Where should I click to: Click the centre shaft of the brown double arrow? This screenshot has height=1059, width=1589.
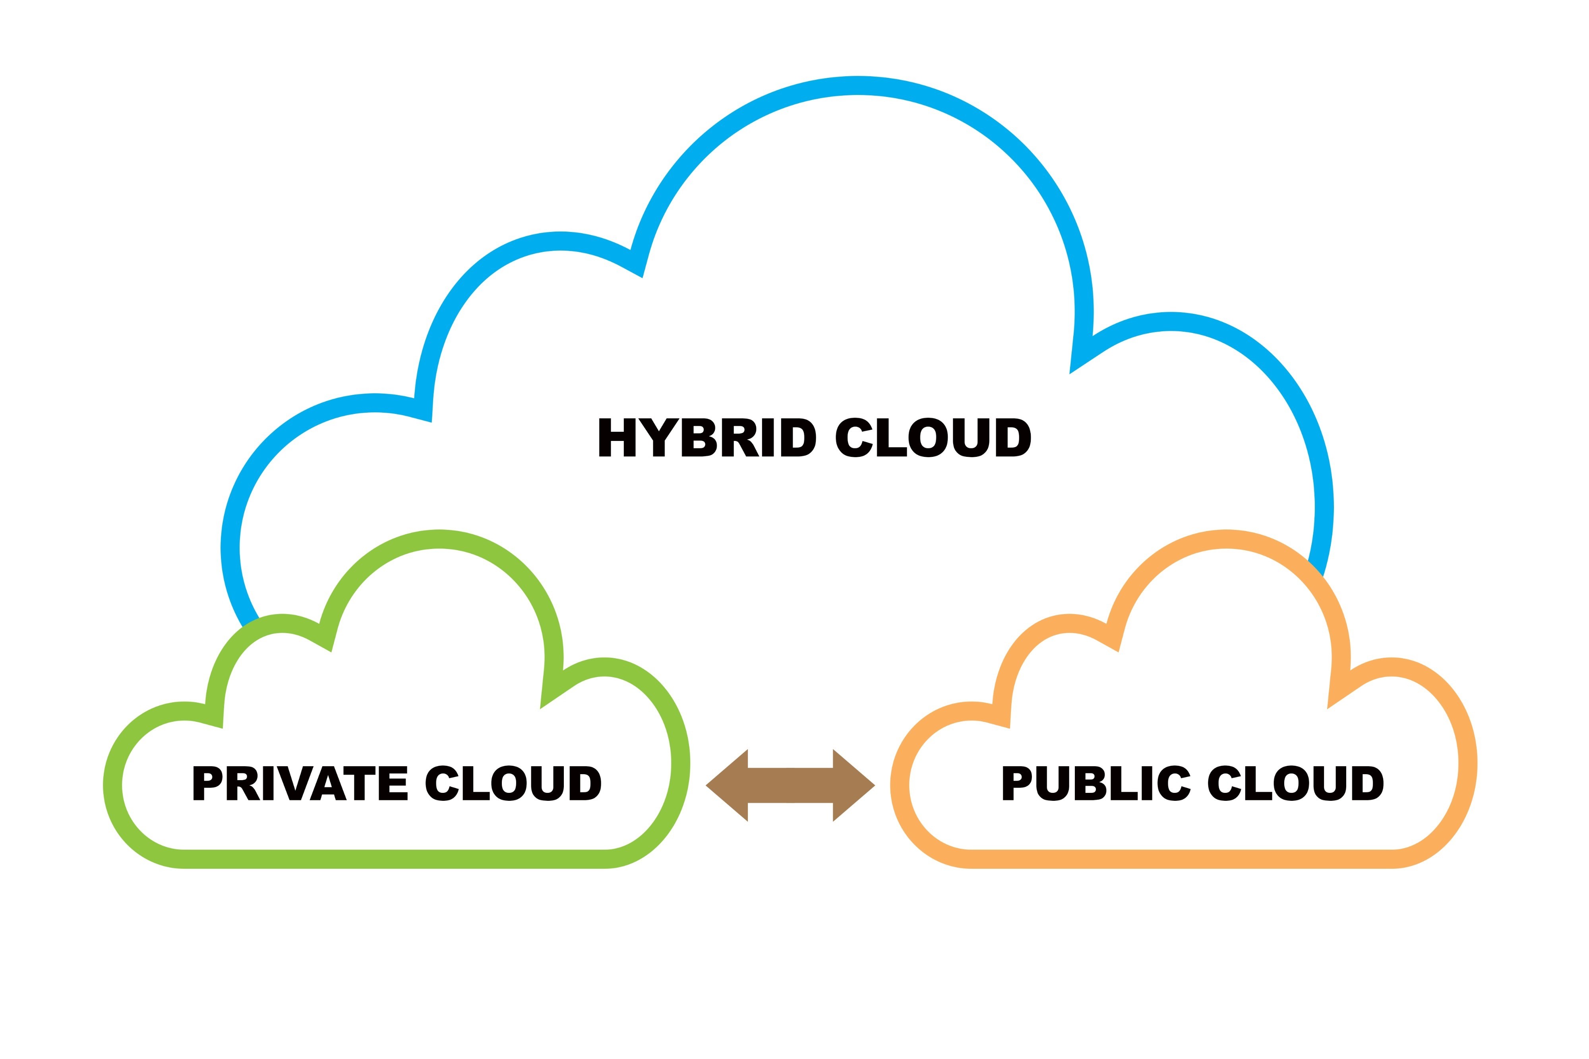[x=790, y=785]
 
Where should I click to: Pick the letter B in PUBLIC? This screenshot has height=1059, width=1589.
[x=1091, y=783]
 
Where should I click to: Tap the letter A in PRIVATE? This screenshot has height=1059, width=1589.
[x=328, y=783]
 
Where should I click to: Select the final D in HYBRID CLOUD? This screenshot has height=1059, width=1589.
[x=1013, y=437]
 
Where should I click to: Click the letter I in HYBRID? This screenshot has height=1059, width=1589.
[x=767, y=437]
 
